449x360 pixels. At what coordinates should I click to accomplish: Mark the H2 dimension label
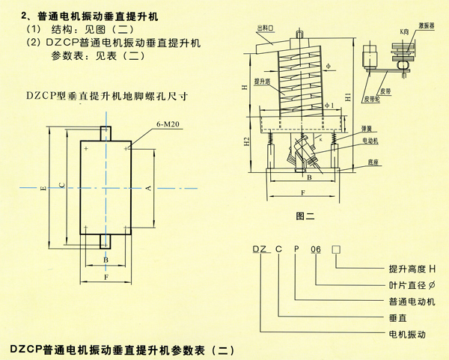click(248, 141)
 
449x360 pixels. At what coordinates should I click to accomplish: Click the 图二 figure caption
click(304, 216)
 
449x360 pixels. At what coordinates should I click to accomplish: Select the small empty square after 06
click(336, 250)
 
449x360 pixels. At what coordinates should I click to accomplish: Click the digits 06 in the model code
click(317, 250)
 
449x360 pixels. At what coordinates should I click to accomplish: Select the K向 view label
click(405, 31)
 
